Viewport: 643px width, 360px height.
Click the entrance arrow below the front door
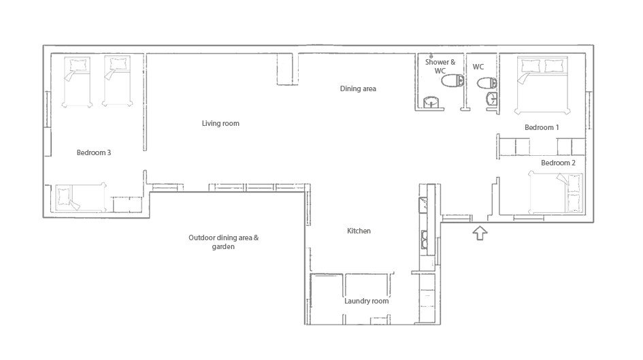(480, 233)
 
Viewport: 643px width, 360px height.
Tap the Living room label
(220, 123)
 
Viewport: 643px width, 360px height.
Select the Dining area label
(358, 88)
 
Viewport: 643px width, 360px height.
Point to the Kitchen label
(359, 231)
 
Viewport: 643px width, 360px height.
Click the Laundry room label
(367, 301)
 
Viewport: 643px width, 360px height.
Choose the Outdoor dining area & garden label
(223, 242)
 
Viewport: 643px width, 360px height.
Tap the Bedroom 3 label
(94, 152)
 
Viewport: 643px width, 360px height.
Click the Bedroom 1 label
(542, 127)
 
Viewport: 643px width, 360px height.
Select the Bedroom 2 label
(558, 163)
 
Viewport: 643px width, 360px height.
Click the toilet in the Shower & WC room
(452, 81)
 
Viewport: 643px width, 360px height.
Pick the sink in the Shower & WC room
(431, 101)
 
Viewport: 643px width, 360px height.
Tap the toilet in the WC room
(487, 83)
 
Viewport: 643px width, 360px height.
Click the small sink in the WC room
(491, 99)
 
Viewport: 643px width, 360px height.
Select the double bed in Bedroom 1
(542, 85)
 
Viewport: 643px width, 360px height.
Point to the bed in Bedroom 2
(556, 193)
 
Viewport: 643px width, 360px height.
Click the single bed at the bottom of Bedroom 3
(81, 197)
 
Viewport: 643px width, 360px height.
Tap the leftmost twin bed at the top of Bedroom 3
(77, 82)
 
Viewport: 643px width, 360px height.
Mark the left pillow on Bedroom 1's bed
(530, 65)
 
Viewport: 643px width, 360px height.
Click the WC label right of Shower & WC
(478, 67)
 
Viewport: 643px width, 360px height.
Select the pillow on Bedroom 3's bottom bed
(65, 197)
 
